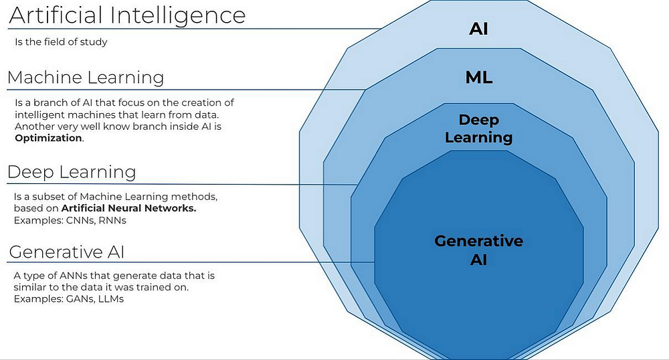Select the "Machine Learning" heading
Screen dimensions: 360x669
point(86,78)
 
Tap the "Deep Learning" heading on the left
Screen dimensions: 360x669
point(72,173)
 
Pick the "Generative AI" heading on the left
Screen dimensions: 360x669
point(67,253)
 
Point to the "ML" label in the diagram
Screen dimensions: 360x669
point(479,78)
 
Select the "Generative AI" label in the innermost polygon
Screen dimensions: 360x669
point(479,250)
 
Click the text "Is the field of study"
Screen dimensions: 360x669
point(61,42)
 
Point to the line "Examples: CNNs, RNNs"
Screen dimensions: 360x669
point(70,220)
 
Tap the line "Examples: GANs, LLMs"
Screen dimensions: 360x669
point(69,298)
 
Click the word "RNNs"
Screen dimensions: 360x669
point(112,220)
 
